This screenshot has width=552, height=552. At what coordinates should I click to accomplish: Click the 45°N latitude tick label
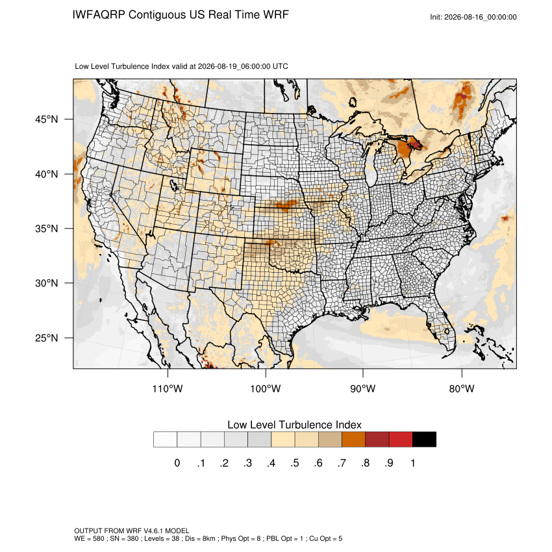point(47,119)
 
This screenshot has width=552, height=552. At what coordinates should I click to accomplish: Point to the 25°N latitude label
point(47,338)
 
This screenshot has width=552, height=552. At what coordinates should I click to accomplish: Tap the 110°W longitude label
point(168,388)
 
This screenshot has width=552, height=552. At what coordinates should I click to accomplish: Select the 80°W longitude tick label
point(462,388)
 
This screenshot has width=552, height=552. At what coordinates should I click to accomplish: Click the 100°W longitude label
point(266,388)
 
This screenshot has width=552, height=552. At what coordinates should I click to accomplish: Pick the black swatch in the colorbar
point(424,440)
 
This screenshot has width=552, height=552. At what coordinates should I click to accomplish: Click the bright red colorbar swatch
point(401,440)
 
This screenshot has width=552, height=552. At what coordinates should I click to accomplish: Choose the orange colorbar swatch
point(353,440)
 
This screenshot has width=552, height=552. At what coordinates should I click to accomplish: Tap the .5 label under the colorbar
point(295,463)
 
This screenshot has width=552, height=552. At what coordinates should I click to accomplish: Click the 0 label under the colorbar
point(177,463)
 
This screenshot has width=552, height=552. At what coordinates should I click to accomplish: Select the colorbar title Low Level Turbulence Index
point(294,425)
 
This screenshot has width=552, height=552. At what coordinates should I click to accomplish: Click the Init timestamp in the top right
point(473,17)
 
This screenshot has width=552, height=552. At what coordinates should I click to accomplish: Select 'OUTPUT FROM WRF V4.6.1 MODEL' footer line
point(132,531)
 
